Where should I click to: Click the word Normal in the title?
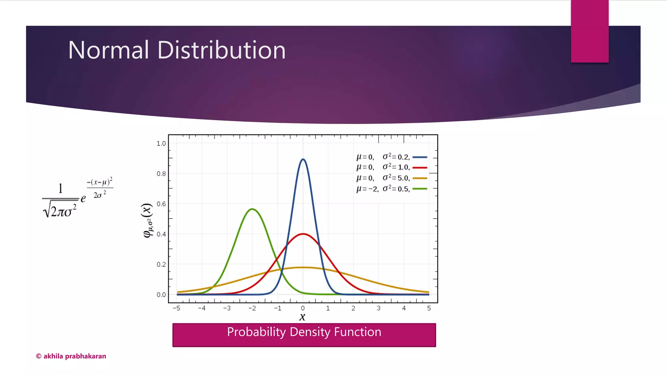click(108, 50)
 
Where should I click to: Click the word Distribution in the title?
click(221, 50)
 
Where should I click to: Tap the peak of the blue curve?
click(303, 159)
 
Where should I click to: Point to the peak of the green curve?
click(252, 209)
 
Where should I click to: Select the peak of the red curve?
click(303, 234)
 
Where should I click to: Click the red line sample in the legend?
click(420, 168)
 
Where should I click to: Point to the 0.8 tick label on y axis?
click(161, 174)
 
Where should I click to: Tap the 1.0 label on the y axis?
click(161, 144)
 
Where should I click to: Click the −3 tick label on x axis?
click(227, 308)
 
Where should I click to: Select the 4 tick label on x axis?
click(404, 308)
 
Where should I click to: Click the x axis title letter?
click(303, 317)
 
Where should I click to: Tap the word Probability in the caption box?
click(256, 332)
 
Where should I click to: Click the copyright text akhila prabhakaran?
click(71, 356)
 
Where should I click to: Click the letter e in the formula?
click(83, 198)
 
